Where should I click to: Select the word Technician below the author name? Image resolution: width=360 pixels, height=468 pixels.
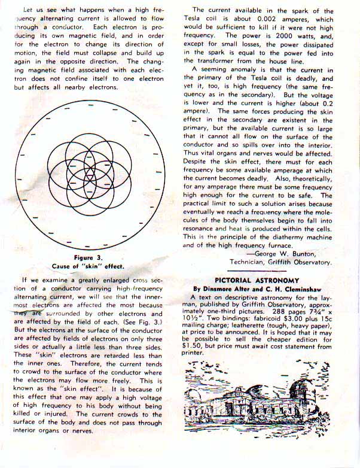[x=251, y=262]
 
